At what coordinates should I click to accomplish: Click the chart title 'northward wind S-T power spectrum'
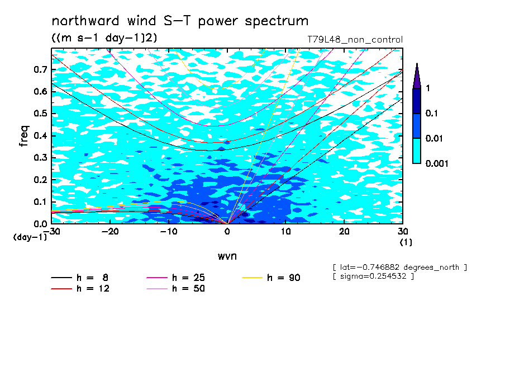[x=180, y=21]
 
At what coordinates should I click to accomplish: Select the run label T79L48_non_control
[x=355, y=40]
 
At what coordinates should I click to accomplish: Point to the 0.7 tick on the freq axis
[x=40, y=69]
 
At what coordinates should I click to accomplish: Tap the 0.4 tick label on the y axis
[x=40, y=135]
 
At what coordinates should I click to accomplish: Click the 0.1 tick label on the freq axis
[x=40, y=201]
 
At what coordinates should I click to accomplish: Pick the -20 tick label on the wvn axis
[x=110, y=232]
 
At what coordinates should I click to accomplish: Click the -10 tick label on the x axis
[x=169, y=232]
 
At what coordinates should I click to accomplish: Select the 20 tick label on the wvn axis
[x=344, y=232]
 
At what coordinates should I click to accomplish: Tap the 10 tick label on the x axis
[x=285, y=232]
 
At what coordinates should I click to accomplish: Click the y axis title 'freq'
[x=25, y=136]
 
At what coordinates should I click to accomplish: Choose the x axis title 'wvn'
[x=227, y=256]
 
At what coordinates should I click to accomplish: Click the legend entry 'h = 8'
[x=79, y=278]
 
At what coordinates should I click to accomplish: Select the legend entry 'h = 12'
[x=80, y=288]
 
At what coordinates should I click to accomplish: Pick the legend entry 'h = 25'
[x=175, y=278]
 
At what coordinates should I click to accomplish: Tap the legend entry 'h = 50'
[x=175, y=288]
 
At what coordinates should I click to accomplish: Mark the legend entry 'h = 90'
[x=271, y=278]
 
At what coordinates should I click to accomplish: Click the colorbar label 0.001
[x=437, y=163]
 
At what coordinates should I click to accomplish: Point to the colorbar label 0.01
[x=435, y=138]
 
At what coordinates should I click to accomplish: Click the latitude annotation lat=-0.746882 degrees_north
[x=399, y=268]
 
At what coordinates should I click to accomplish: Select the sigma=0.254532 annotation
[x=373, y=276]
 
